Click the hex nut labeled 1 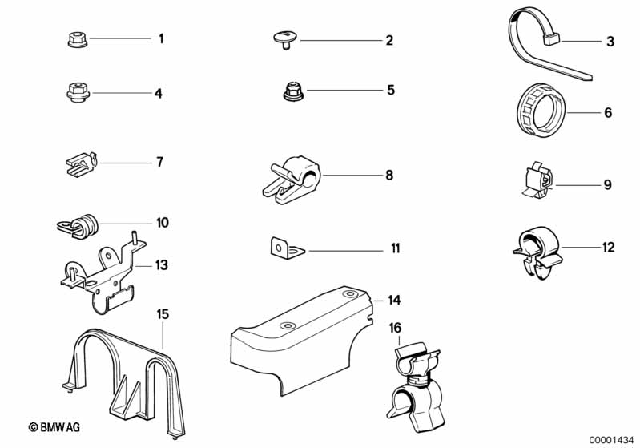coord(78,40)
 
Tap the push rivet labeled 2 coord(285,39)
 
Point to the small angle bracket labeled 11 coord(287,248)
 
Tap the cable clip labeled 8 coord(292,180)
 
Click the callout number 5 coord(391,90)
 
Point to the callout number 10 coord(162,223)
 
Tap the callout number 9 coord(607,185)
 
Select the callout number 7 coord(159,162)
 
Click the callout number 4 coord(158,94)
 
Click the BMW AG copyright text coord(54,427)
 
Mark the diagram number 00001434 coord(611,440)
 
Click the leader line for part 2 coord(340,40)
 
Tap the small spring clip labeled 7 coord(82,163)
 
